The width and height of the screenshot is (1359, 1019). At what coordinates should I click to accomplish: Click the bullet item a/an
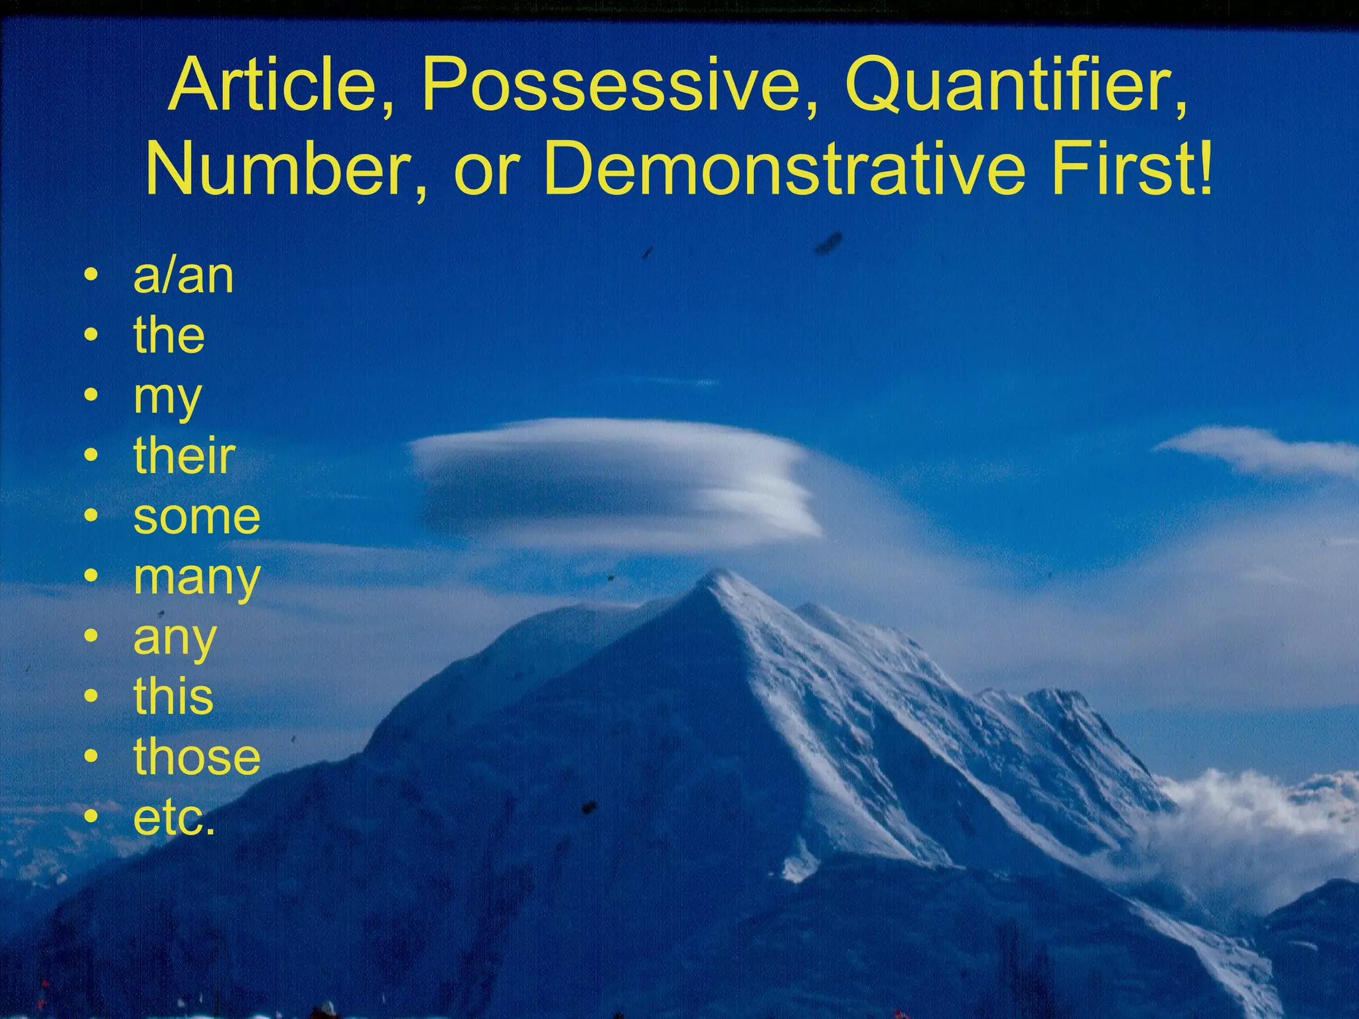tap(183, 276)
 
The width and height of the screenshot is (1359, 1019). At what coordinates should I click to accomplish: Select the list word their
tap(184, 456)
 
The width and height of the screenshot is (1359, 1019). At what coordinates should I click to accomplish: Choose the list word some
tap(197, 517)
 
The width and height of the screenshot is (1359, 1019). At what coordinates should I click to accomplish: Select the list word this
tap(173, 697)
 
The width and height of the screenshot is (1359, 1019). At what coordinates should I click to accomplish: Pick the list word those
tap(197, 757)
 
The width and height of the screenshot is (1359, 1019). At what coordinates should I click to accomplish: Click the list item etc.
tap(175, 817)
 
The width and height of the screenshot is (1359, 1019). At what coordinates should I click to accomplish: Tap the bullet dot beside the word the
tap(92, 336)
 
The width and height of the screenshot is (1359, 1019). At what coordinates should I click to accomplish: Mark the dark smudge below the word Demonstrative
tap(829, 243)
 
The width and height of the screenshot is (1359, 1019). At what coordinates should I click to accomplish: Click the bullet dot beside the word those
tap(92, 757)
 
